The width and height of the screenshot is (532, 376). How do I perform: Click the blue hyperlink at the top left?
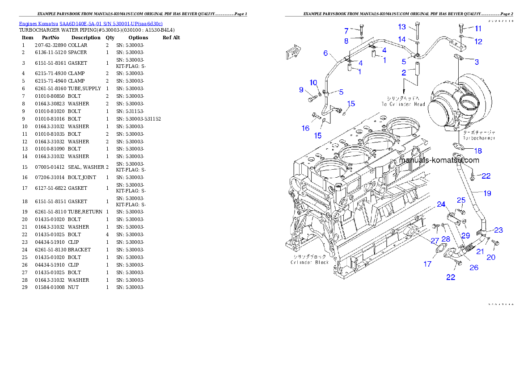[x=91, y=23]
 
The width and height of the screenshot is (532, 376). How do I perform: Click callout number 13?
[x=402, y=27]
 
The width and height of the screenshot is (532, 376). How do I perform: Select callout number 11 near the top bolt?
[x=478, y=29]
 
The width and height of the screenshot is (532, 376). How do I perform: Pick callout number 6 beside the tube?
[x=326, y=53]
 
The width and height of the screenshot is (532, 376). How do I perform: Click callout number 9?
[x=301, y=90]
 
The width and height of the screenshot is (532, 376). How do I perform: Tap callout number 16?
[x=305, y=128]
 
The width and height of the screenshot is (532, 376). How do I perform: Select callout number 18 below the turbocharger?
[x=478, y=151]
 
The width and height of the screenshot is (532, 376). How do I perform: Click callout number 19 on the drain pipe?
[x=487, y=193]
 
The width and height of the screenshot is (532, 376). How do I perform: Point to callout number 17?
[x=427, y=264]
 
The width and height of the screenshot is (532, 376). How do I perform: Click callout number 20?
[x=491, y=257]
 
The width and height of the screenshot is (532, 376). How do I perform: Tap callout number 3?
[x=477, y=62]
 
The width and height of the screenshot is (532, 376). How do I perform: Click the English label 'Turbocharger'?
[x=479, y=138]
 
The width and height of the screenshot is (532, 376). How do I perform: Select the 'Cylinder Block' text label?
[x=310, y=262]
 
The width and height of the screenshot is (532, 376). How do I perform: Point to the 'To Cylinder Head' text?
[x=403, y=104]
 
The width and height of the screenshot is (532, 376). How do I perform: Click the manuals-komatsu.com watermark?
[x=439, y=160]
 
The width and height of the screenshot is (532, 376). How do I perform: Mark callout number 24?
[x=441, y=205]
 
